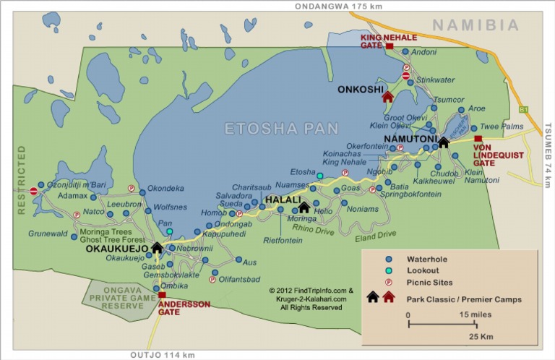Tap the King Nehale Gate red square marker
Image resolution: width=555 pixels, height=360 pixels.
[390, 46]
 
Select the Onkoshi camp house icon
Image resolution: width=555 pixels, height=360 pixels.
[388, 96]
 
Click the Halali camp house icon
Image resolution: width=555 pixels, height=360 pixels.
[304, 207]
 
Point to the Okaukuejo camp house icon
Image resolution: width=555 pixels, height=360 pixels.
[157, 248]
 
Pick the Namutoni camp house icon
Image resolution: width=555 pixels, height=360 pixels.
[444, 142]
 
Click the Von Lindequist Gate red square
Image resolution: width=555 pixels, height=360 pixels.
[478, 139]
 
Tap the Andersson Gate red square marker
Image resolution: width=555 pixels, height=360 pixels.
[162, 295]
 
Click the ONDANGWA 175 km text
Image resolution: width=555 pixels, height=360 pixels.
[337, 6]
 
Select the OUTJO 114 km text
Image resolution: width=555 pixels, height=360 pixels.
[163, 354]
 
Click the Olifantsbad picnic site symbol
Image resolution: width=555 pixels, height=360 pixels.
[212, 279]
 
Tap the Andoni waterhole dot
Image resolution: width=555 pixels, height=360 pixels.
[405, 52]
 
